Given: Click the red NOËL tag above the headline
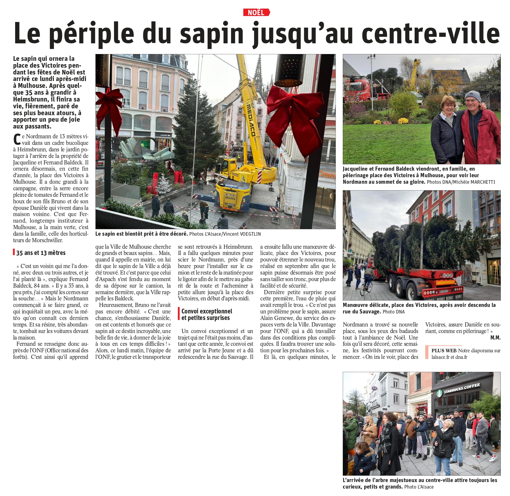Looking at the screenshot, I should [256, 12].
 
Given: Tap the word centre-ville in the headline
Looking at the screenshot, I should [431, 33].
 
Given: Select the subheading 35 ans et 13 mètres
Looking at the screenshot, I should [41, 253].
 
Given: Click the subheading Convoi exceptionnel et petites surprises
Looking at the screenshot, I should [207, 314].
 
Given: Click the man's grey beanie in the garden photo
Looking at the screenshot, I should [473, 96].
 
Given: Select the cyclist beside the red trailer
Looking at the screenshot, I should [367, 280].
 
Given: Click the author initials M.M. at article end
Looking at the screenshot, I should [495, 337].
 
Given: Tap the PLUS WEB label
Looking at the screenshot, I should [444, 351].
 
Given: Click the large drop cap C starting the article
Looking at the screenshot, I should [17, 140].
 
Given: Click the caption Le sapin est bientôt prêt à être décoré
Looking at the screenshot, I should [141, 234].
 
